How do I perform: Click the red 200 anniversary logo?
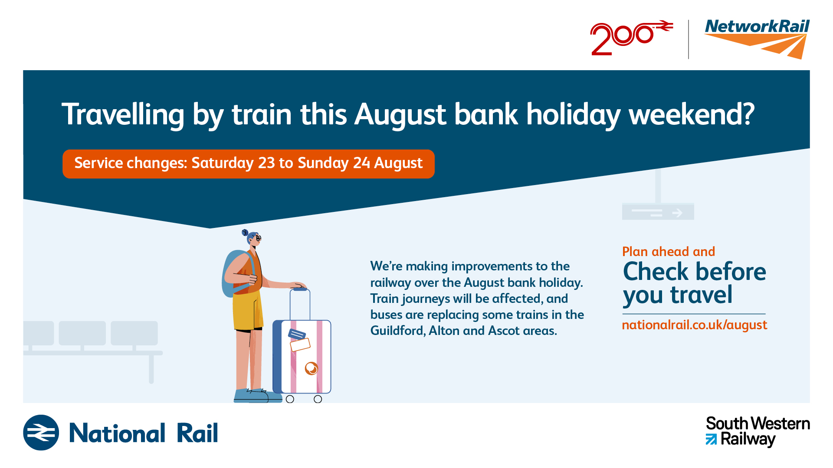(x=631, y=38)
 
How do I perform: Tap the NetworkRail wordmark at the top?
(x=757, y=26)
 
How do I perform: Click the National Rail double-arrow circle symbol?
(x=41, y=432)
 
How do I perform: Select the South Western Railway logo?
(x=758, y=432)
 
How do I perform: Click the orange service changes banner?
(x=249, y=164)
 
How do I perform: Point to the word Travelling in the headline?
(x=123, y=115)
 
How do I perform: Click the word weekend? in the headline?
(x=692, y=114)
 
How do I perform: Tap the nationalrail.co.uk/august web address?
(x=695, y=325)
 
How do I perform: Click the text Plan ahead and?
(x=669, y=252)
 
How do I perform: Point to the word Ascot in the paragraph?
(x=504, y=331)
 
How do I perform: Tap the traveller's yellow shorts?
(x=248, y=310)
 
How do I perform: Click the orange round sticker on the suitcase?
(x=312, y=368)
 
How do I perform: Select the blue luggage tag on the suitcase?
(x=297, y=334)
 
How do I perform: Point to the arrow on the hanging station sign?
(x=677, y=213)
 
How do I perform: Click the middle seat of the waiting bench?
(x=82, y=333)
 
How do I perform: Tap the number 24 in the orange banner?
(x=361, y=163)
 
